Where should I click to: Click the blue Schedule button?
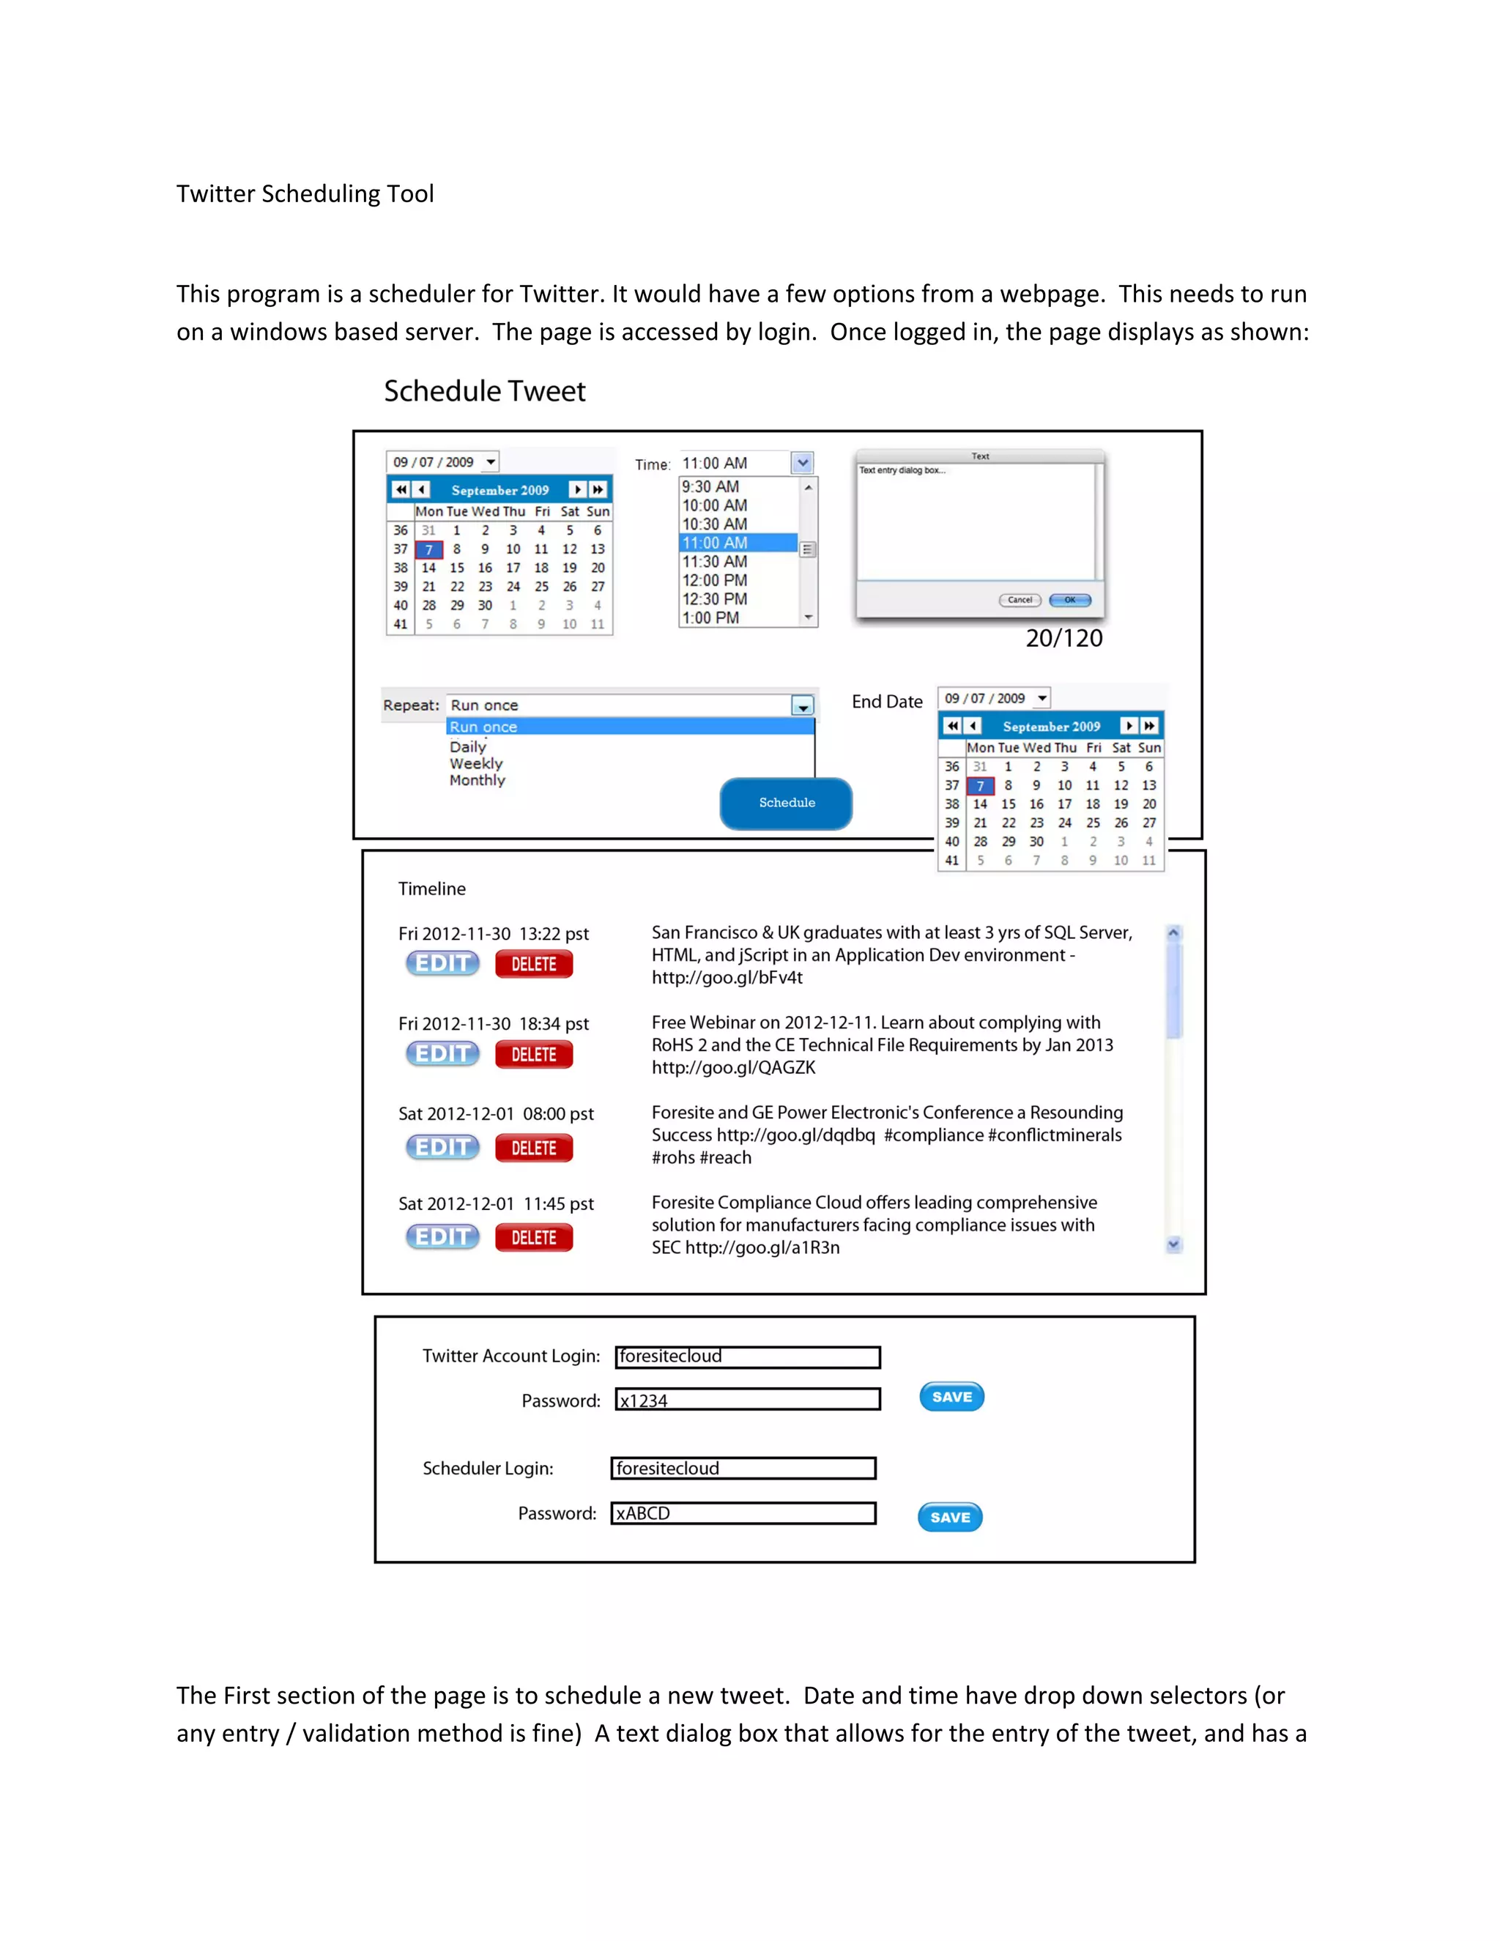(786, 803)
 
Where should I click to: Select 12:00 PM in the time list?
(714, 580)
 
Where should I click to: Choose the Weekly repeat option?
(475, 763)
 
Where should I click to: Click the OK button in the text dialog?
(1070, 600)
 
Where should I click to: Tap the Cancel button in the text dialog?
(1020, 600)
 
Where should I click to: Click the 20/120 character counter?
(1063, 638)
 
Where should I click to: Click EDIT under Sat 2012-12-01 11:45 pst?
(442, 1236)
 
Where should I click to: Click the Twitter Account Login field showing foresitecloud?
(747, 1357)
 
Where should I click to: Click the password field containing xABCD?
(743, 1513)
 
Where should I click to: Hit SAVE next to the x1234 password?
(951, 1397)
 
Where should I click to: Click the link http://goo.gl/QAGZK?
(733, 1067)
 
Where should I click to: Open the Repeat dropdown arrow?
(803, 705)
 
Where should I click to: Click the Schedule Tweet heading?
(484, 391)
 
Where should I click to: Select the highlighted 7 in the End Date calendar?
(980, 786)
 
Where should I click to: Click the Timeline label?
(432, 888)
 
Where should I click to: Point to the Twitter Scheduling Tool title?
(305, 194)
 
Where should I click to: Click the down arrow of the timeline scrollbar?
(1174, 1244)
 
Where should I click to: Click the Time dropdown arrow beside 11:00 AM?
(803, 463)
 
